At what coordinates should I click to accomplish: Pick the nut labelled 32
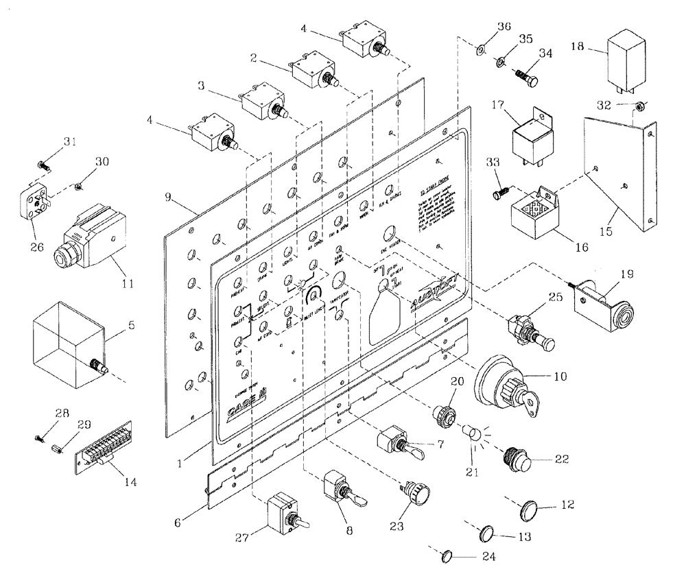click(637, 106)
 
